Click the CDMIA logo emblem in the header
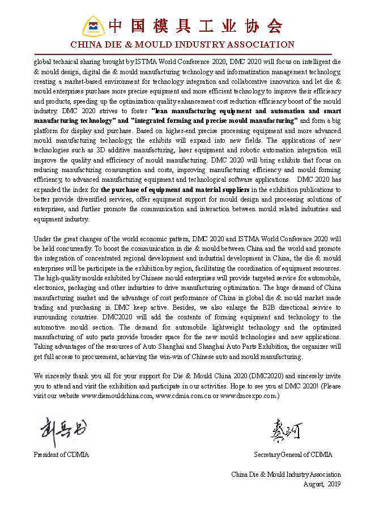[x=93, y=27]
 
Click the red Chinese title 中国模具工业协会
[x=195, y=26]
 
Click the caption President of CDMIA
[x=61, y=455]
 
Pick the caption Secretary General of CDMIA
[x=293, y=455]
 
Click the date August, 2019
[x=322, y=484]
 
